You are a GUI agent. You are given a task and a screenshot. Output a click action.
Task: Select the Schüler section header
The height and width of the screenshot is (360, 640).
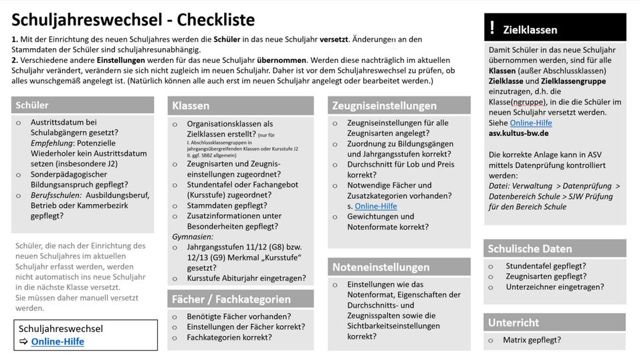coord(32,105)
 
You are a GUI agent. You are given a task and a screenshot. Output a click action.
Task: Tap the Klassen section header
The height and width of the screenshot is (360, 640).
coord(191,106)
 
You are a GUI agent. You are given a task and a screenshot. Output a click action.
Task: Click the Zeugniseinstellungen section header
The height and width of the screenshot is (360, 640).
coord(384,106)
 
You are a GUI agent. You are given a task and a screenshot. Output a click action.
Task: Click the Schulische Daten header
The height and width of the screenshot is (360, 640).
coord(530,249)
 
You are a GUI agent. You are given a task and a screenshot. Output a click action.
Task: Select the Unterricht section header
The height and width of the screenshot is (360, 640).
coord(513,323)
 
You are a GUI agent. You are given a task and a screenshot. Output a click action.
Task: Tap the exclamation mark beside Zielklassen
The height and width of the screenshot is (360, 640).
coord(492,28)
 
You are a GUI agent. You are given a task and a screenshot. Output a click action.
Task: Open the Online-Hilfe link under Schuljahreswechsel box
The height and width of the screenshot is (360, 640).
coord(58,341)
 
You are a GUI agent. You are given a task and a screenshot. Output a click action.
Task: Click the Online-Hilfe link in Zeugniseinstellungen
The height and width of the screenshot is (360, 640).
coord(376,206)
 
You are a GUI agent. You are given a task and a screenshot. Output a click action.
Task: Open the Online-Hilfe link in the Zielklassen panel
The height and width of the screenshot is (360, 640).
coord(530,123)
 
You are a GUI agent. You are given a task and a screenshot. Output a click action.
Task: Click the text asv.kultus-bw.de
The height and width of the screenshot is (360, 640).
coord(518,133)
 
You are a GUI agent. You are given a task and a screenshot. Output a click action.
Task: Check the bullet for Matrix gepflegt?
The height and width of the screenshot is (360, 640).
coord(490,341)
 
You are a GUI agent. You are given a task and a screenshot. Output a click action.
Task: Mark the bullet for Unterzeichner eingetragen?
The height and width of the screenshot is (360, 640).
coord(490,287)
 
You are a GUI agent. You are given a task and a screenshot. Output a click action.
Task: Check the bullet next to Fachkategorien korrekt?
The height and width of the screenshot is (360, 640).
coord(175,338)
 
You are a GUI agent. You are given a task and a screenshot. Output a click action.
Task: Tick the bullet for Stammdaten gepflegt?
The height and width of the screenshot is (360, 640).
coord(175,206)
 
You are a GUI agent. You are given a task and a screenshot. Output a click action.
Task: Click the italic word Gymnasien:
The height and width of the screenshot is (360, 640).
coord(193,237)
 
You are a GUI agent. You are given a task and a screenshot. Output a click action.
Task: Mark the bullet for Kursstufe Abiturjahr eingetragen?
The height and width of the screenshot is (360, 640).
coord(175,278)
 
